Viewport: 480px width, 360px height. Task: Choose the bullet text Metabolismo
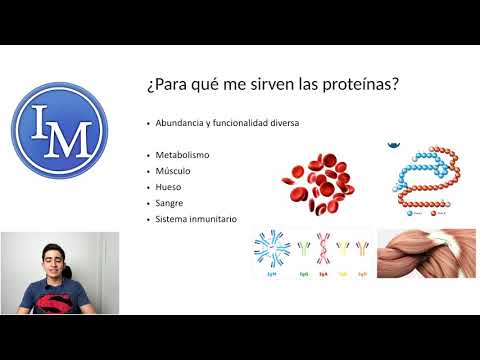coord(181,155)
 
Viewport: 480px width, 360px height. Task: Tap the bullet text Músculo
coord(173,171)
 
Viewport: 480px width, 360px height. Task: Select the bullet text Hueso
coord(169,187)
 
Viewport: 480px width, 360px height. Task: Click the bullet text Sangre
coord(170,203)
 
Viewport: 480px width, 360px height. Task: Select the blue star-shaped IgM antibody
coord(272,250)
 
